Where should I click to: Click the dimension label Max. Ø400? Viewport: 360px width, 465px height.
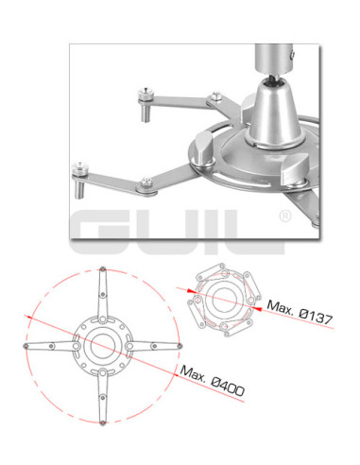tap(212, 381)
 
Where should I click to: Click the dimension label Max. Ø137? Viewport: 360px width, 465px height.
tap(300, 312)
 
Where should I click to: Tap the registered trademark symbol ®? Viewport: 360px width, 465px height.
tap(285, 216)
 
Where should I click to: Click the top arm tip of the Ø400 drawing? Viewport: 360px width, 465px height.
tap(102, 269)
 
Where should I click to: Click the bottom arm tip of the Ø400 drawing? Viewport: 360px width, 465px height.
tap(102, 423)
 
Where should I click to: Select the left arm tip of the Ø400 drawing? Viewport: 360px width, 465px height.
tap(26, 346)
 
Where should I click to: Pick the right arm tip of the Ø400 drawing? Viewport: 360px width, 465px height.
tap(180, 346)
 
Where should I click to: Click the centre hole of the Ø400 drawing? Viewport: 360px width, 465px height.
tap(102, 346)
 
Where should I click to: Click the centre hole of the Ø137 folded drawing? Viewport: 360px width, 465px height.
tap(224, 300)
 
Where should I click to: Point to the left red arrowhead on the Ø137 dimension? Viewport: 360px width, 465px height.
tap(191, 291)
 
